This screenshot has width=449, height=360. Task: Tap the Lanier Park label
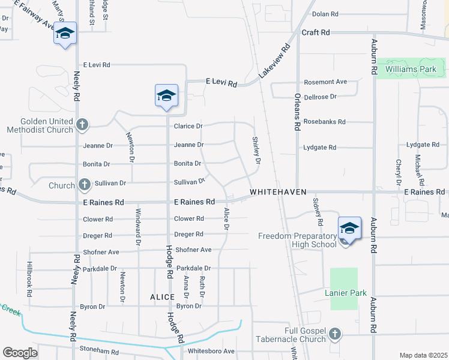[345, 293]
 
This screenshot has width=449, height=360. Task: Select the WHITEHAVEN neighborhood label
[278, 192]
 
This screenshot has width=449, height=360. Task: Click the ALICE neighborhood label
[162, 297]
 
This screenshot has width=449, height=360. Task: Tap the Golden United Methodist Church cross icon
[82, 125]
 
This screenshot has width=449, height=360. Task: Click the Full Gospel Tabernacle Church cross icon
[335, 333]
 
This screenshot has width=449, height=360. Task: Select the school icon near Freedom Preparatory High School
[349, 229]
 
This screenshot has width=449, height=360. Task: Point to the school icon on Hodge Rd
[166, 96]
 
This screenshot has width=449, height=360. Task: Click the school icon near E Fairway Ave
[64, 34]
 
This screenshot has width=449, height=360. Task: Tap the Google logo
[20, 353]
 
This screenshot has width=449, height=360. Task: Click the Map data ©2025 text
[423, 355]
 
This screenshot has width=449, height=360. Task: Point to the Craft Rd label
[316, 32]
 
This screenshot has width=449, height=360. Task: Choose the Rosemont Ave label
[325, 82]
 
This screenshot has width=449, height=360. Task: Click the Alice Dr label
[226, 218]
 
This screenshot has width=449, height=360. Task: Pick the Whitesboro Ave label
[211, 351]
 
